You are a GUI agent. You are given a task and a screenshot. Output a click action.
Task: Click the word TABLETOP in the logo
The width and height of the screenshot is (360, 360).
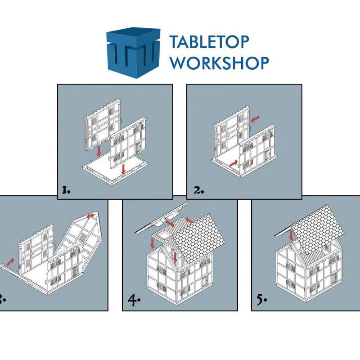coord(209,42)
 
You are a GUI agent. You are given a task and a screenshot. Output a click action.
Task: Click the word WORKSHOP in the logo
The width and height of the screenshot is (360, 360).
coord(220,63)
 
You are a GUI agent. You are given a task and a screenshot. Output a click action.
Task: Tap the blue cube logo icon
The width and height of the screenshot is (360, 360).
coord(133,53)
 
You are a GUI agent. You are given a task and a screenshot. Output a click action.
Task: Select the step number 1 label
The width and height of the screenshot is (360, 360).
coord(66,190)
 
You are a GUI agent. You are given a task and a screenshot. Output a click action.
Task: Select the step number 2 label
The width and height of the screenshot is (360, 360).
coord(198,190)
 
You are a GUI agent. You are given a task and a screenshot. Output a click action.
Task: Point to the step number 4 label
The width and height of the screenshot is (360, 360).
coord(134,300)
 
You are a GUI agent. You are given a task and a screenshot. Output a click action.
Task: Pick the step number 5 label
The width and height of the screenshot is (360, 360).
coord(262,300)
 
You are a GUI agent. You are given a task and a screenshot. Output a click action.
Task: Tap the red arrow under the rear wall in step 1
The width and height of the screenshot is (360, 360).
coord(99,151)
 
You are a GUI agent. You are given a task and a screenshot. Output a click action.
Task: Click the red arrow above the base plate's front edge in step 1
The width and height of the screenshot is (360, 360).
coord(123,169)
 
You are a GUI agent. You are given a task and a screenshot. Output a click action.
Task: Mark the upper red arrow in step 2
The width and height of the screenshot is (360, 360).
coord(255,119)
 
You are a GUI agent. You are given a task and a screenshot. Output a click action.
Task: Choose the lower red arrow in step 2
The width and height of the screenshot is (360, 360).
coord(234,163)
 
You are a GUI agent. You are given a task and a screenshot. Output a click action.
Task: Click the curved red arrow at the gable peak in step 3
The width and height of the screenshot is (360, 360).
coord(91,216)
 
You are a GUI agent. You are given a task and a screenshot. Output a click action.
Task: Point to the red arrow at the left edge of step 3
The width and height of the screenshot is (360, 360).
coord(10,261)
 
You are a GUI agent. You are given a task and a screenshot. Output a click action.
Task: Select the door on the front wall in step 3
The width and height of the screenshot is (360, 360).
coord(75,273)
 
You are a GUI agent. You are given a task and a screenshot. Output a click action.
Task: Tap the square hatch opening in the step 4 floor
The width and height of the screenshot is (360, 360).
coord(164,235)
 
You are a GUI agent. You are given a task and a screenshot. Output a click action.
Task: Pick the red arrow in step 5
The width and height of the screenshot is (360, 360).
coord(292,236)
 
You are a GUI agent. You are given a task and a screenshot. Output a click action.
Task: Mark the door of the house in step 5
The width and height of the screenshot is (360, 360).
coord(333,279)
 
